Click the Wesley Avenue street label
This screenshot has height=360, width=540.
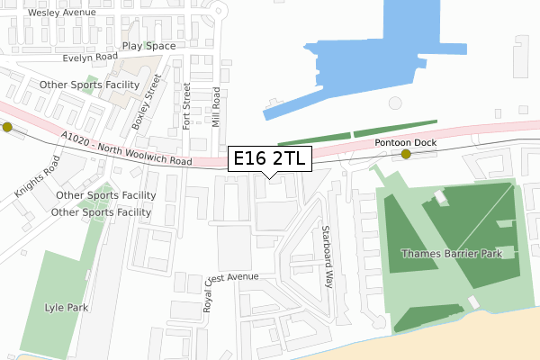click(63, 13)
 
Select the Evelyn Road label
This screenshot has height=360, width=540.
click(90, 57)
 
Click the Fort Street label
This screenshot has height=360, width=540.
click(187, 106)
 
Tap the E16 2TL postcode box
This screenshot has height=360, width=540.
click(270, 159)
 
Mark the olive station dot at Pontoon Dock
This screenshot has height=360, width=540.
click(406, 155)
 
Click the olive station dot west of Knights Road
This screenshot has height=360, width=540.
click(8, 127)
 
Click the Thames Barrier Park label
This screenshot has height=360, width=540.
click(458, 253)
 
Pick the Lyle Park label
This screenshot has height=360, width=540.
click(67, 308)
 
